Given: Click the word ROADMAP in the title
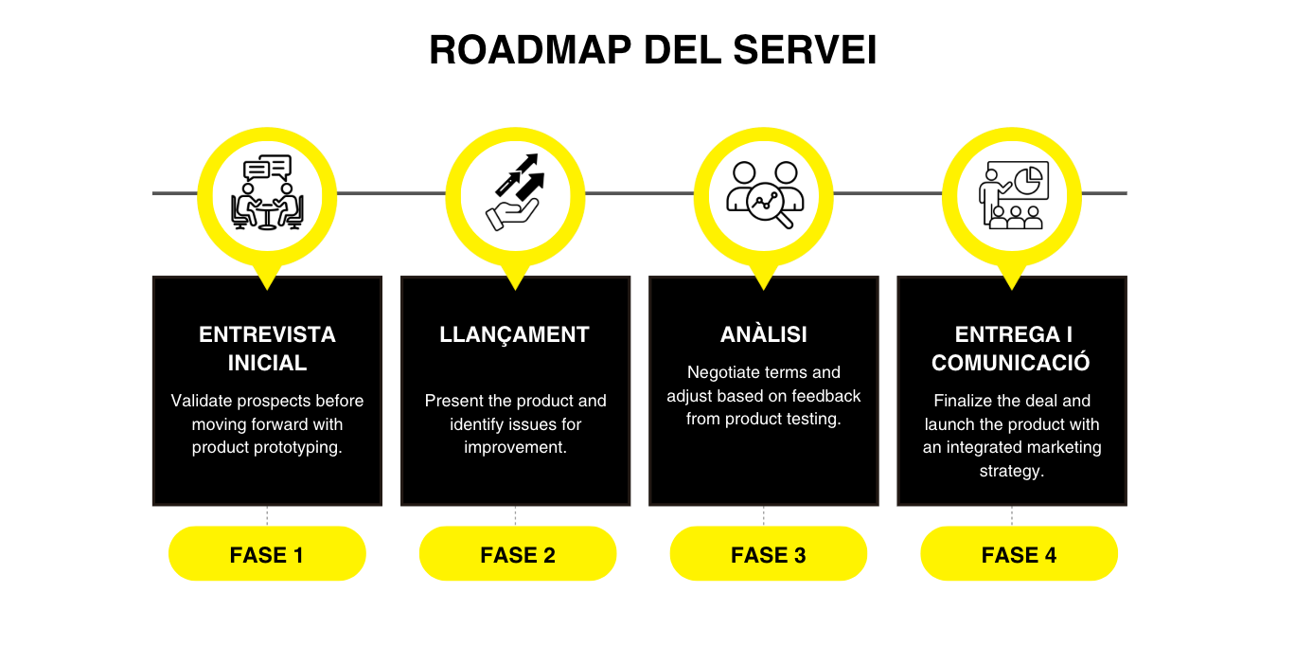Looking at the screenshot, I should (x=530, y=51).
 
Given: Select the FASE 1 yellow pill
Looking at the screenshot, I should (x=267, y=554).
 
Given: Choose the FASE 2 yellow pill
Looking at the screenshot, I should (x=518, y=554).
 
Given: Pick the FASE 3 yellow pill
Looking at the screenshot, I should (x=768, y=554).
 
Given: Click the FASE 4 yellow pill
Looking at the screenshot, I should (x=1019, y=554).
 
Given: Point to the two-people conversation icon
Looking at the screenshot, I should (x=267, y=193).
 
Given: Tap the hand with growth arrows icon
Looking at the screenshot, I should (x=516, y=193).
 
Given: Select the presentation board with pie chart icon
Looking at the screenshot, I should (x=1013, y=193).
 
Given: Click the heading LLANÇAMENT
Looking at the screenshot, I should (x=514, y=334).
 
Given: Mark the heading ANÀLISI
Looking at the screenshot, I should (x=763, y=334).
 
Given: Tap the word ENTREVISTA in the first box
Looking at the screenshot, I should (x=267, y=334).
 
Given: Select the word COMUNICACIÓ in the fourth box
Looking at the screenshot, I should (x=1011, y=363).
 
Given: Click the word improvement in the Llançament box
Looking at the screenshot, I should (x=515, y=447).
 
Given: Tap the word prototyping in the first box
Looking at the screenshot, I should (x=301, y=447).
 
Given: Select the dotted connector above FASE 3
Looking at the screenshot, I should (x=764, y=515).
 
